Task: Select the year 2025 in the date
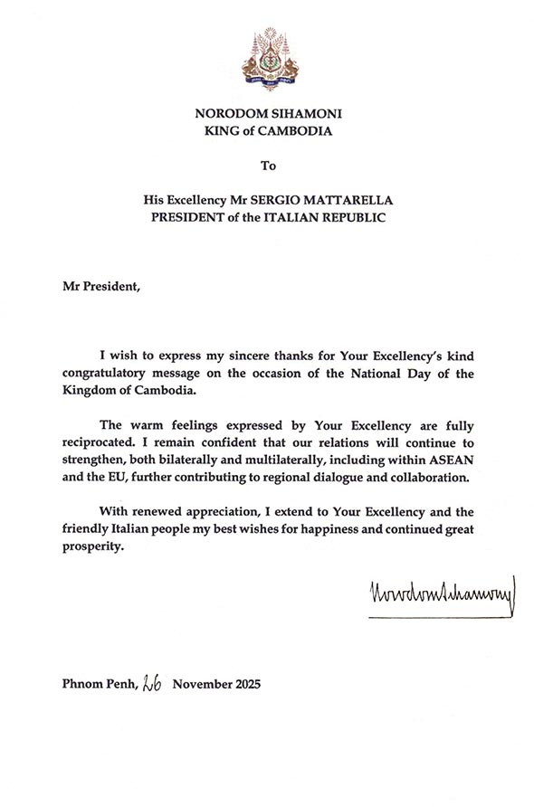pos(243,685)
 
